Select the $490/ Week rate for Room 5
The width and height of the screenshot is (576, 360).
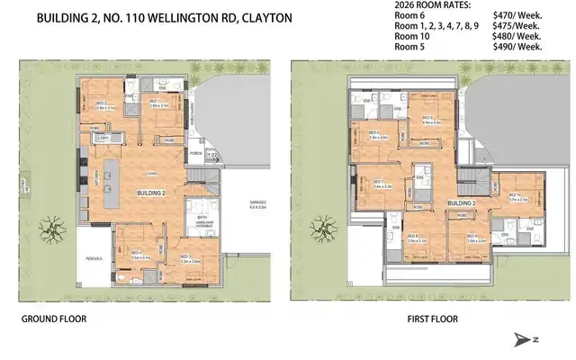coord(517,47)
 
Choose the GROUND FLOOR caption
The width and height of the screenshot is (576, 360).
coord(53,319)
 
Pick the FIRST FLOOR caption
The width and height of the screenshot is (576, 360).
coord(432,319)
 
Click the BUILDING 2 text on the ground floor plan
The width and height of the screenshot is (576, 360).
coord(149,193)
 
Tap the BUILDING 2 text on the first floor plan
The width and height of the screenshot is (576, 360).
coord(461,204)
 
